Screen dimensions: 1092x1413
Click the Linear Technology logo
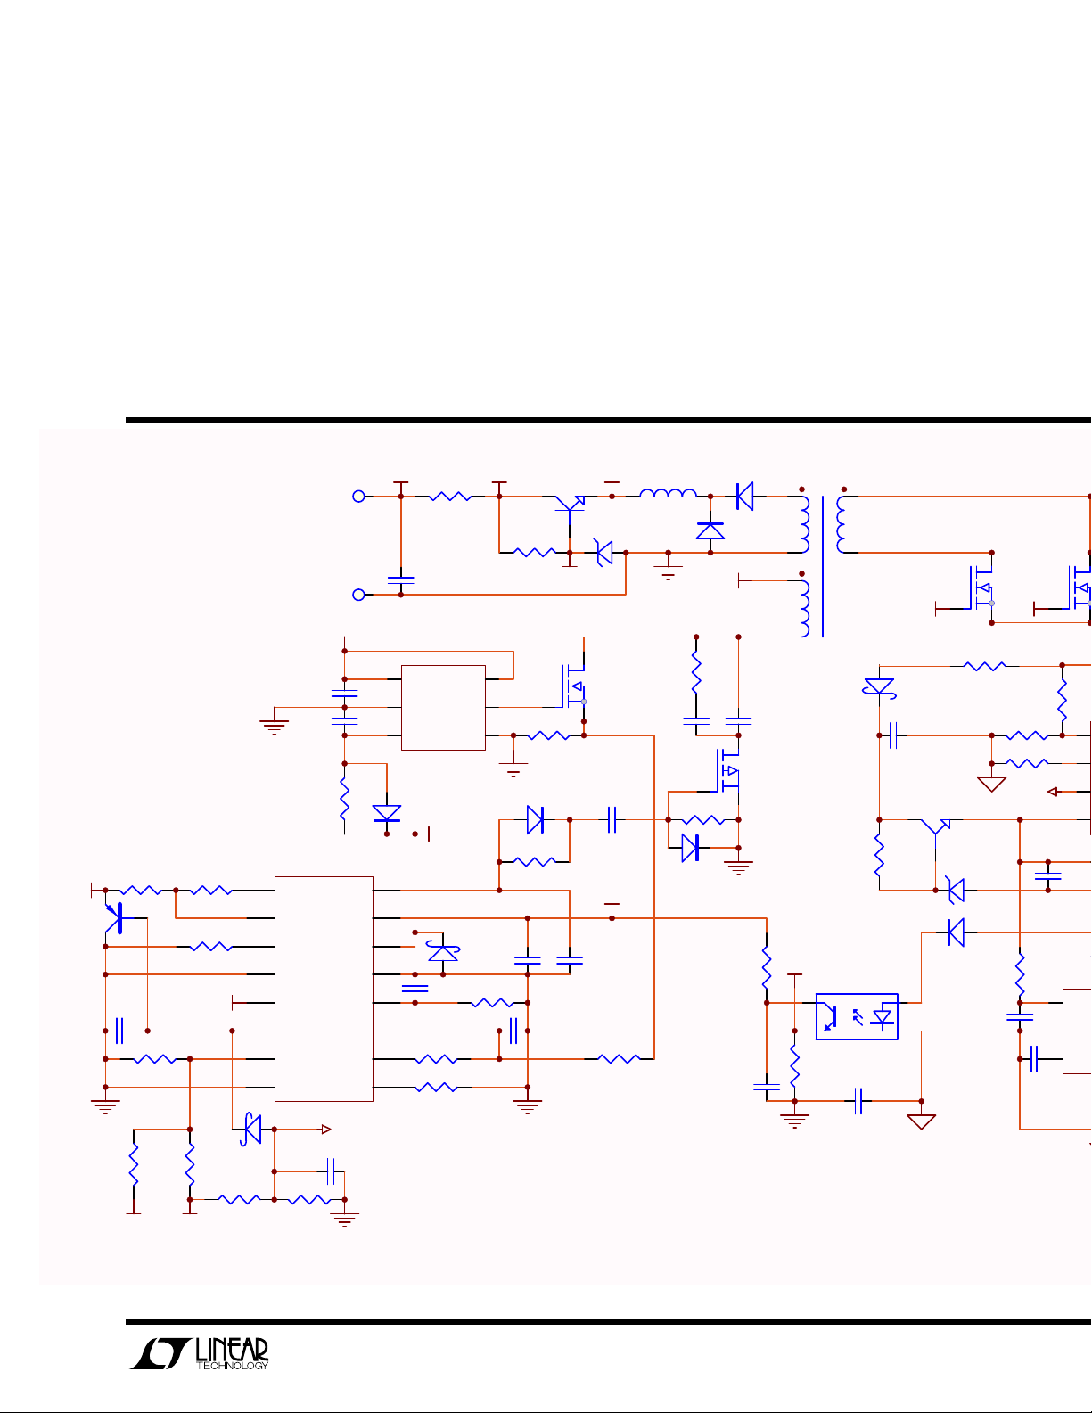[199, 1354]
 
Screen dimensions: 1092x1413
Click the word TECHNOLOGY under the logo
[232, 1366]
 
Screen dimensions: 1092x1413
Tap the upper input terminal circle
[358, 497]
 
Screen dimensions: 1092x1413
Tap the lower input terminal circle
[358, 595]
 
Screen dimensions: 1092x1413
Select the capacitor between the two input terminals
[401, 580]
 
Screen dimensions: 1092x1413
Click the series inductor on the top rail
[669, 493]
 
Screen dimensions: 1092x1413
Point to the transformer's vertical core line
[823, 566]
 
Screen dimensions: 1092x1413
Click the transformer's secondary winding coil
[842, 524]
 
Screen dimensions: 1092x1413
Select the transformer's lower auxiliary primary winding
[805, 609]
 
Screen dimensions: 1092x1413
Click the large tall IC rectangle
[324, 989]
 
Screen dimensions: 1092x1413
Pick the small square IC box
[443, 708]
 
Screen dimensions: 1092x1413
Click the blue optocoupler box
[857, 1016]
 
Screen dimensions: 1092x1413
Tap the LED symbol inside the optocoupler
[883, 1017]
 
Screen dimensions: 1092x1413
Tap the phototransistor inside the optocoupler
[829, 1017]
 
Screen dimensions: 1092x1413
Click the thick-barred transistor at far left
[115, 918]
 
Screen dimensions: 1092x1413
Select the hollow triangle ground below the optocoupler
[921, 1121]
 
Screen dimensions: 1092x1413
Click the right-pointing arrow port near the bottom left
[326, 1130]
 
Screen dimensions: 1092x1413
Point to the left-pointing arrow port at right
[1053, 792]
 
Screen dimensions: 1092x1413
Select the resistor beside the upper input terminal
[450, 497]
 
